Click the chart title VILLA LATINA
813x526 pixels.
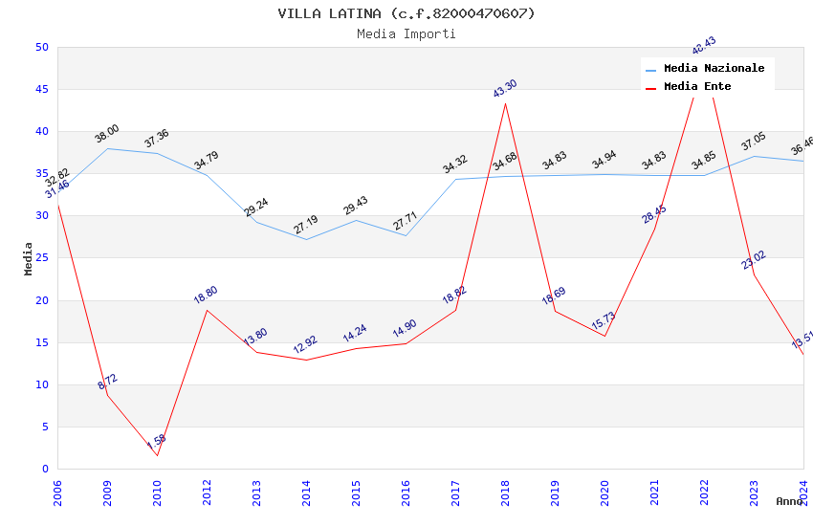tap(406, 13)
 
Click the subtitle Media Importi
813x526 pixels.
tap(406, 33)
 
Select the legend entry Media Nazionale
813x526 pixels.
tap(714, 69)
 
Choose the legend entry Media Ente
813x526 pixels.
tap(697, 86)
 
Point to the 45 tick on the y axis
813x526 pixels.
tap(41, 90)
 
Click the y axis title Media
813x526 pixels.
tap(29, 258)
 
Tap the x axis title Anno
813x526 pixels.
tap(789, 501)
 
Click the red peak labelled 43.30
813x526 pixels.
tap(505, 103)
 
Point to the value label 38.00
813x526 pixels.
tap(106, 134)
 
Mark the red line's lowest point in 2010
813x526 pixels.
tap(157, 455)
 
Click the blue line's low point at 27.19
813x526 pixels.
tap(306, 239)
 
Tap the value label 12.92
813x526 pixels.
tap(305, 344)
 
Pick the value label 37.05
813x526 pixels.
tap(754, 142)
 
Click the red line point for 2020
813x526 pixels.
tap(604, 336)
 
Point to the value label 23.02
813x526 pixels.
tap(754, 260)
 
